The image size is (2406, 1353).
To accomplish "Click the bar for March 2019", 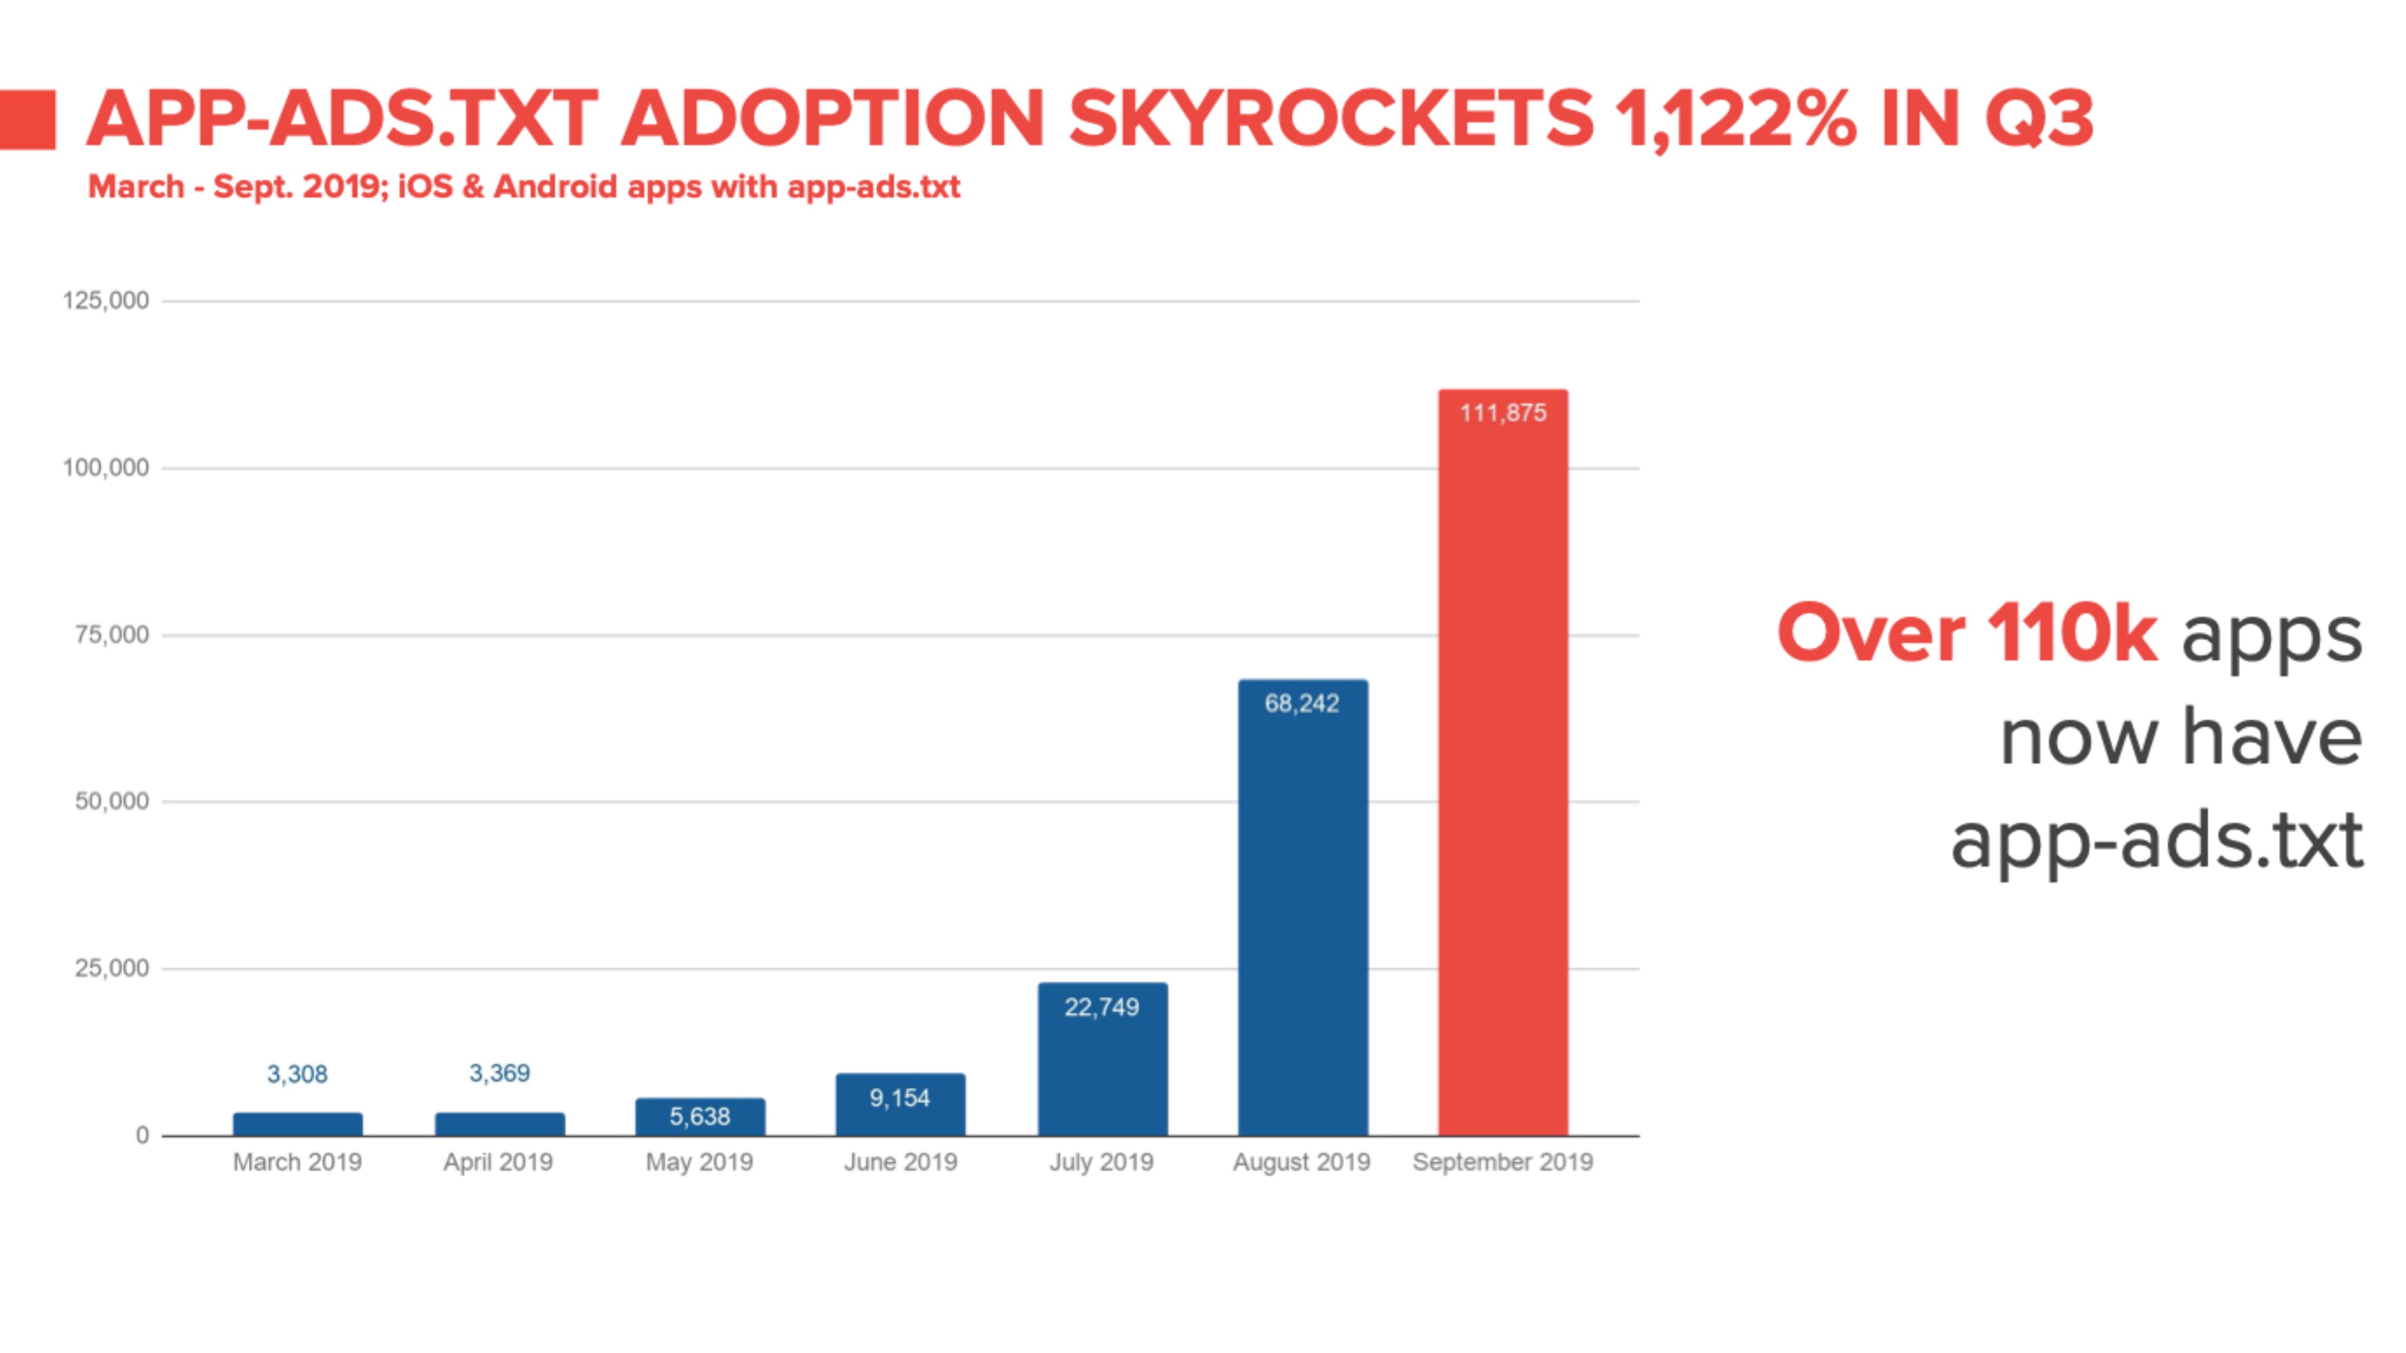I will tap(298, 1124).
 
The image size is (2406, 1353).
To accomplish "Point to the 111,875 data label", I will tap(1503, 413).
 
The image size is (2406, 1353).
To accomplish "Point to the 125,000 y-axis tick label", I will tap(105, 301).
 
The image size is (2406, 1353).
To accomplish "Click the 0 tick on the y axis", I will tap(142, 1136).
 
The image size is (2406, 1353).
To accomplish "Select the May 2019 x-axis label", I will tap(700, 1163).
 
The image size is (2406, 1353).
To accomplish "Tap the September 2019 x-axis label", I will tap(1503, 1163).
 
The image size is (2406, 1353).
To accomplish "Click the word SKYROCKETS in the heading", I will tap(1331, 120).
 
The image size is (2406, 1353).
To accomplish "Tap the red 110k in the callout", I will tap(2071, 634).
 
